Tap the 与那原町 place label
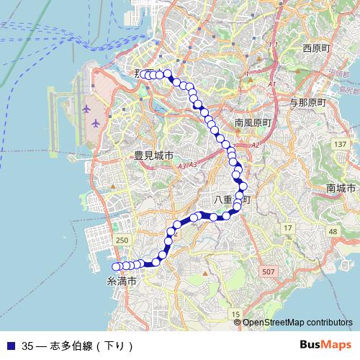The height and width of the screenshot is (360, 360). tap(307, 103)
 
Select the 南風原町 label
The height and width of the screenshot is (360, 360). tap(253, 123)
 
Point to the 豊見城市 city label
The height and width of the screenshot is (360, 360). tap(153, 156)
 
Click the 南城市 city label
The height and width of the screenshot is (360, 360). tap(341, 188)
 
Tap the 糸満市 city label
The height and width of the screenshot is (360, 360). tap(121, 281)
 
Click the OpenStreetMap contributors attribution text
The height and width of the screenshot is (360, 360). tap(297, 323)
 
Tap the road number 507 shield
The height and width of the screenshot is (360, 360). tap(268, 271)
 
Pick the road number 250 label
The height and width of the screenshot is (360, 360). tap(122, 240)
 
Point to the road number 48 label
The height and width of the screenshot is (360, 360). tap(333, 231)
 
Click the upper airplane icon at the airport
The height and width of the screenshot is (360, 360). tap(87, 109)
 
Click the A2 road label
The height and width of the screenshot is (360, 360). tap(255, 145)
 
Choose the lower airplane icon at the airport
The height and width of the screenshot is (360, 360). tap(96, 123)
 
